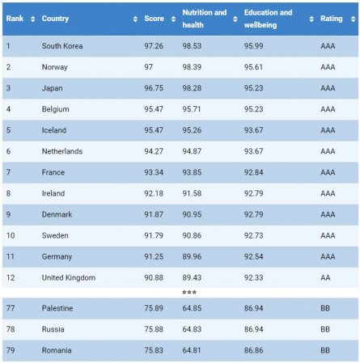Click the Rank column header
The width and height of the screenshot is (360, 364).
point(15,19)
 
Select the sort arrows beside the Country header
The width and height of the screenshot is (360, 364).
point(135,19)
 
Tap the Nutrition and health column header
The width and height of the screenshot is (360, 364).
point(205,19)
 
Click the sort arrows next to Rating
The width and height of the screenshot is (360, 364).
point(353,19)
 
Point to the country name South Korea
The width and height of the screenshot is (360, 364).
point(62,46)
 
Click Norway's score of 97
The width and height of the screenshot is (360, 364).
point(148,67)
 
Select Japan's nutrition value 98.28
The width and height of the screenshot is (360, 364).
point(192,88)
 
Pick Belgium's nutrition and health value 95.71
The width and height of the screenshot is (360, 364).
point(192,109)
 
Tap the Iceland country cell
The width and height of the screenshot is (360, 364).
point(54,130)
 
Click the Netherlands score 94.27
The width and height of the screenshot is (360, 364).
point(154,151)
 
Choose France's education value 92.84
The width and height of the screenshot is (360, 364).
point(253,172)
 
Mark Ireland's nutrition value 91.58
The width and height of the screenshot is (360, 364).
point(192,193)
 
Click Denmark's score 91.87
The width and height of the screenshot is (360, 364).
point(154,214)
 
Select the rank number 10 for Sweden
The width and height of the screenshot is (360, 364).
point(11,235)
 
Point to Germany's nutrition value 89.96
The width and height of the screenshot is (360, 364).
point(192,256)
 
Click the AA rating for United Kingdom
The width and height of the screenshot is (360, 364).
point(325,277)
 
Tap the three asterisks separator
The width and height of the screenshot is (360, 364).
point(189,292)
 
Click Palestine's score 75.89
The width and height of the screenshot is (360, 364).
point(154,308)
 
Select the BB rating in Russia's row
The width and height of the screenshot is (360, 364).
point(325,329)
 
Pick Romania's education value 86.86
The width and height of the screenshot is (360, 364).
point(253,350)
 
